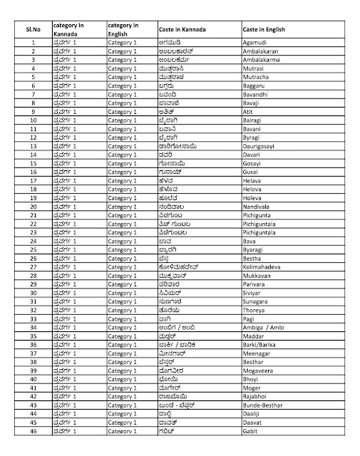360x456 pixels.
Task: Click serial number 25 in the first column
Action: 33,249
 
